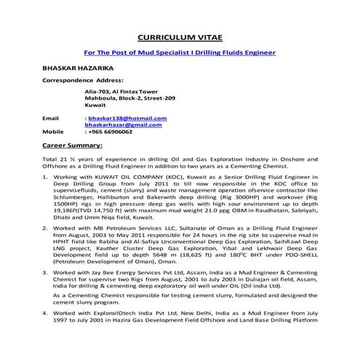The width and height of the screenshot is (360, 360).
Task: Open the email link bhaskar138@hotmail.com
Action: coord(127,118)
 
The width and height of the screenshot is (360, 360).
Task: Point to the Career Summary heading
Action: coord(72,145)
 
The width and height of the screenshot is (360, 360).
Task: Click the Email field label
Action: coord(50,118)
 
